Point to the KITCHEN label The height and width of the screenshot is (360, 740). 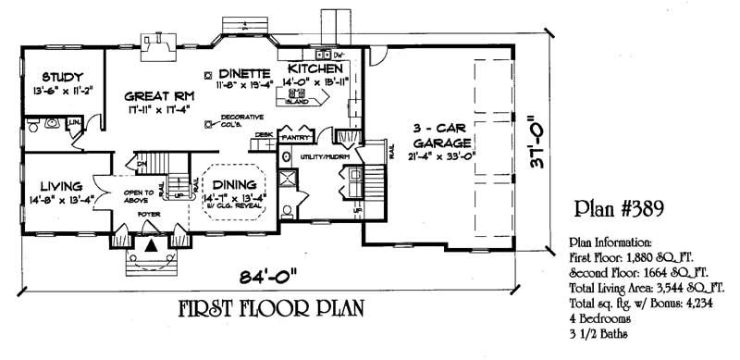coord(317,69)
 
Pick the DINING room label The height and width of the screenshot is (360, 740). coord(232,183)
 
